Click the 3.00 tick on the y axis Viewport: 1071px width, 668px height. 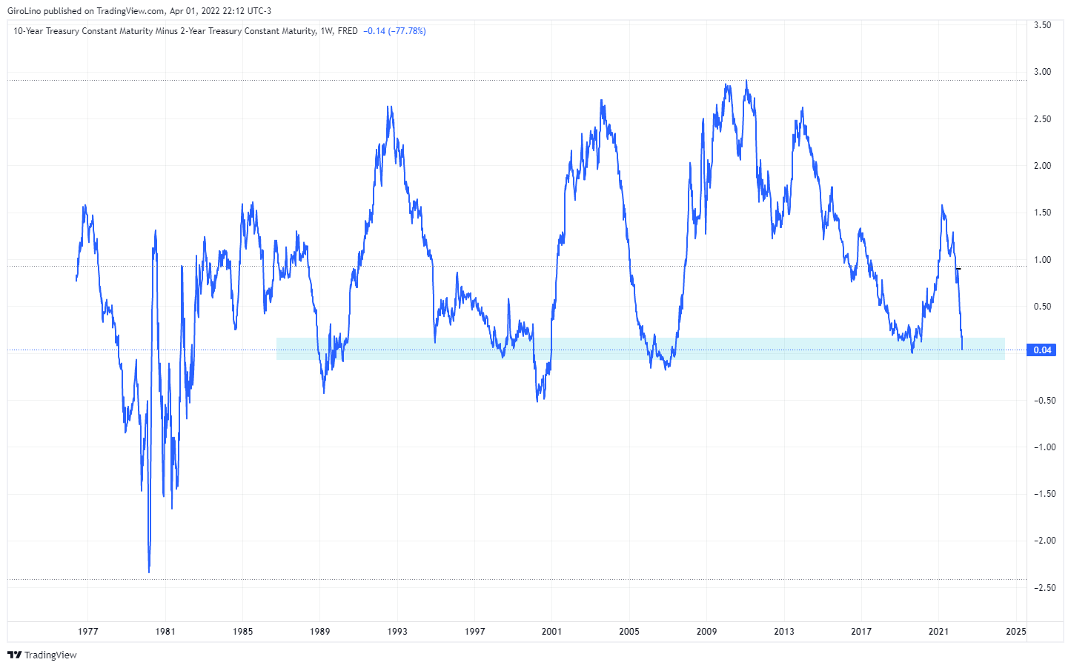coord(1042,72)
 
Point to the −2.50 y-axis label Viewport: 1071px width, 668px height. coord(1042,587)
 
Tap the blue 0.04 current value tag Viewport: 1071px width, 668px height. coord(1041,350)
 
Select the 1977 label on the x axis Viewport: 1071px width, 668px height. coord(87,632)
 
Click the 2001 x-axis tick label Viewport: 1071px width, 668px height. coord(551,632)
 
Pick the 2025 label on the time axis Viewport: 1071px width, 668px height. coord(1015,632)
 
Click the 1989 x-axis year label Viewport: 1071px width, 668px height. coord(319,632)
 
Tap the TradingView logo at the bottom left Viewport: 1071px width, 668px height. coord(42,655)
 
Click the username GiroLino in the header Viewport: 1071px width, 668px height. coord(24,11)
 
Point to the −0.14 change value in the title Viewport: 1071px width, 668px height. coord(374,31)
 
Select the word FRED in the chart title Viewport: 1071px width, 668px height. coord(348,31)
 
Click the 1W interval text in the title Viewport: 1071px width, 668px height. coord(326,31)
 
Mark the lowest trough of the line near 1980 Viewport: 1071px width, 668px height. coord(149,572)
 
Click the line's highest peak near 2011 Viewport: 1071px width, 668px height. coord(746,81)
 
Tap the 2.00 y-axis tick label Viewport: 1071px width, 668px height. coord(1042,166)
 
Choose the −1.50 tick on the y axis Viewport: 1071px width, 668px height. coord(1042,494)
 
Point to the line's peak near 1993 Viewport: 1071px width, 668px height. coord(390,107)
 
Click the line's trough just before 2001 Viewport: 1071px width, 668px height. coord(537,401)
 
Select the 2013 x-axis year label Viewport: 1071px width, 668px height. coord(783,632)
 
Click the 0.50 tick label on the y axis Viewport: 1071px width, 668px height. coord(1042,307)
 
